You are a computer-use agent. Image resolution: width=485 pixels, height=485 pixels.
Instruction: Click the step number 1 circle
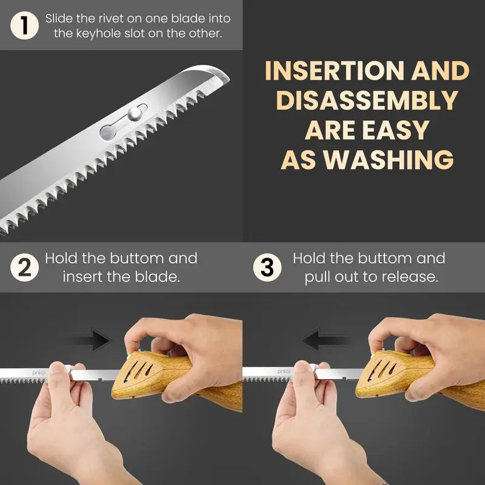[x=24, y=25]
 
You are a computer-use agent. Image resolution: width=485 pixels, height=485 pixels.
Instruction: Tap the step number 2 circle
[x=24, y=267]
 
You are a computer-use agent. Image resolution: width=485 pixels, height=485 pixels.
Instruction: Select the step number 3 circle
[x=267, y=267]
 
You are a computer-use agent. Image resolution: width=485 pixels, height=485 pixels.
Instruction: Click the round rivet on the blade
[x=135, y=113]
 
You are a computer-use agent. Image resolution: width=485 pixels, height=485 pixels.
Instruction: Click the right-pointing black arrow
[x=92, y=340]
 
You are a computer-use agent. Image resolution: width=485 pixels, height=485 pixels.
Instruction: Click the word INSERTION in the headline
[x=335, y=71]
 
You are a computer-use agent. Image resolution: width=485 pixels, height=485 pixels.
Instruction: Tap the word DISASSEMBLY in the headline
[x=367, y=100]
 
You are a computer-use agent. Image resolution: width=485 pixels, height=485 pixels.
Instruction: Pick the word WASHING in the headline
[x=389, y=159]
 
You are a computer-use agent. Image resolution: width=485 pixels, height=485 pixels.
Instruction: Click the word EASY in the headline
[x=396, y=130]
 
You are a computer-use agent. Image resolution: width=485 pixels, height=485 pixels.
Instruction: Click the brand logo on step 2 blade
[x=39, y=373]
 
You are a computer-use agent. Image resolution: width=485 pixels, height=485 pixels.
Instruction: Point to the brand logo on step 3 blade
[x=284, y=372]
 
